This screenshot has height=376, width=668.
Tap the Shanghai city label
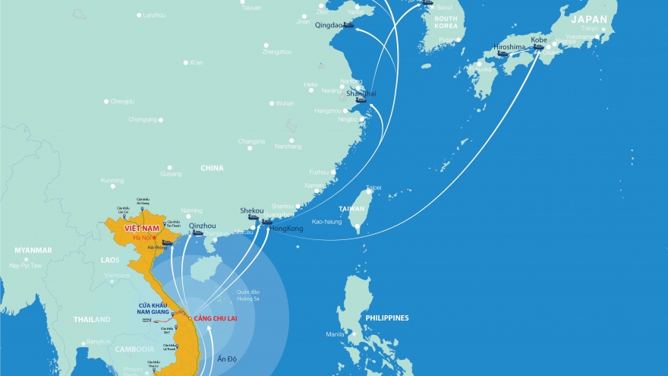(x=361, y=93)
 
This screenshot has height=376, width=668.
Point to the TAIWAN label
(x=351, y=209)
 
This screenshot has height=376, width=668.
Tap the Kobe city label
(x=538, y=39)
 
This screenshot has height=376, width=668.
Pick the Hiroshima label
(x=509, y=47)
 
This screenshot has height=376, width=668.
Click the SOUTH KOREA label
(x=446, y=22)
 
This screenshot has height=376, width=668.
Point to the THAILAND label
(x=92, y=320)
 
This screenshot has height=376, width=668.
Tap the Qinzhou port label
(x=202, y=226)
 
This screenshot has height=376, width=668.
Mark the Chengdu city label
(x=122, y=101)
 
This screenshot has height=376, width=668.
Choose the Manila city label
(x=336, y=333)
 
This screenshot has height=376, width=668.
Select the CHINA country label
(x=212, y=167)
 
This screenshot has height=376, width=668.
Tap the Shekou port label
(x=251, y=210)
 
